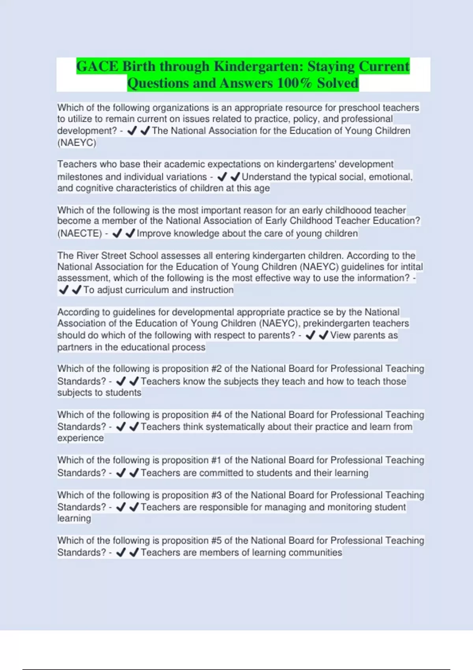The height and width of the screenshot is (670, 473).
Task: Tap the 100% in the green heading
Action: point(295,83)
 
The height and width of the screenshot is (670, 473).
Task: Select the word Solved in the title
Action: point(338,83)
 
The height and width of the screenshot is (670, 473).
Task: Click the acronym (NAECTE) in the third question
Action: point(80,233)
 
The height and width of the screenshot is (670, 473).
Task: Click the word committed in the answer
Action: point(221,473)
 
